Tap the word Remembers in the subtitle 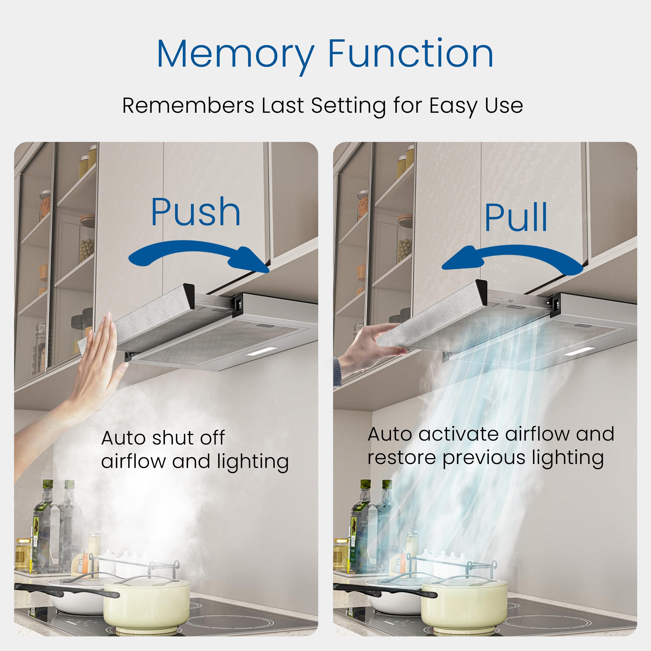pos(188,105)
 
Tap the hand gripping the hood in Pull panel pos(374,347)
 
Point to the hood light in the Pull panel pos(579,351)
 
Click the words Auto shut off pos(163,438)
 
